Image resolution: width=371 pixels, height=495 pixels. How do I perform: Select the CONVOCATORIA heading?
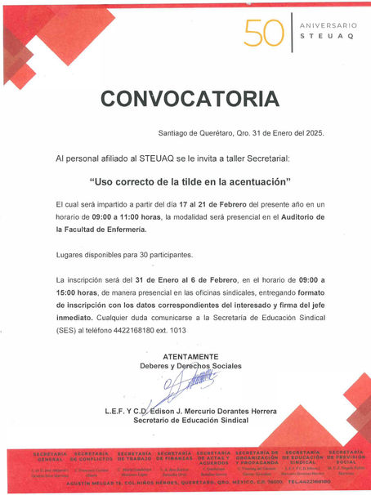(x=184, y=99)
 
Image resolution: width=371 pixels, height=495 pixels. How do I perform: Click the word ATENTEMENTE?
(x=190, y=357)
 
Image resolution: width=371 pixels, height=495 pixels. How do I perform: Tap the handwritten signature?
(x=194, y=382)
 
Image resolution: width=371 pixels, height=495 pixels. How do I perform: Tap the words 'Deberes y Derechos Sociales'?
(x=190, y=366)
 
